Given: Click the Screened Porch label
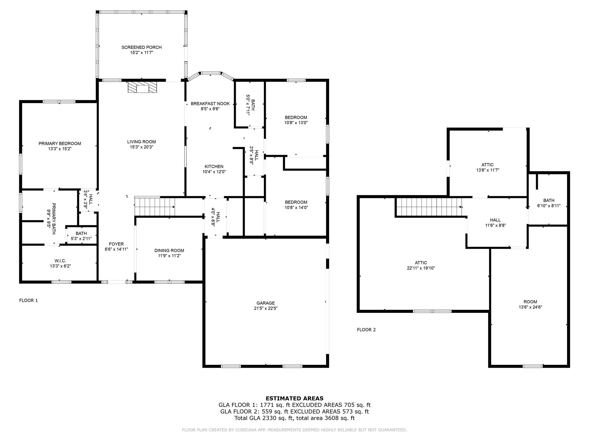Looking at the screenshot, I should coord(141,47).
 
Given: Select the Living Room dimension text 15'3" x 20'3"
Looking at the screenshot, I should coord(141,147).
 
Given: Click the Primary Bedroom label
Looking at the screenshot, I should coord(60,143).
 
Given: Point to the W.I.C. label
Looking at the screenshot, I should coord(60,261).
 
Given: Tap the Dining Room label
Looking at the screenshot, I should coord(169,250).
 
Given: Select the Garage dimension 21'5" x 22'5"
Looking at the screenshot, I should coord(265,308).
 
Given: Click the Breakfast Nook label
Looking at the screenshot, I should coord(210,104).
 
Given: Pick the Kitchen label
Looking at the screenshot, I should coord(214,166).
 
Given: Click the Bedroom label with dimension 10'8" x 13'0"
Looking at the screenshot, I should coord(296,117).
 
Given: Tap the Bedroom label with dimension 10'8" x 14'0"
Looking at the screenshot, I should coord(296,202).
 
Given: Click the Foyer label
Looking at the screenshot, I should coord(116,244).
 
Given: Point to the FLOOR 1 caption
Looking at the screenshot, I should coord(28,300).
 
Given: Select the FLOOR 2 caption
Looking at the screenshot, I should coord(366,330).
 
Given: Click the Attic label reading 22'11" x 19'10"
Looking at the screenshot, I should coord(421,262).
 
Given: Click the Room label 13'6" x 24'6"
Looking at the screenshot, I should coord(530,302).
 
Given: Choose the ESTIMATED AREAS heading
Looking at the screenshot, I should coord(294,398).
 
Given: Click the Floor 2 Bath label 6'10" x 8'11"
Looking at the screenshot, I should coord(549,200).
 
